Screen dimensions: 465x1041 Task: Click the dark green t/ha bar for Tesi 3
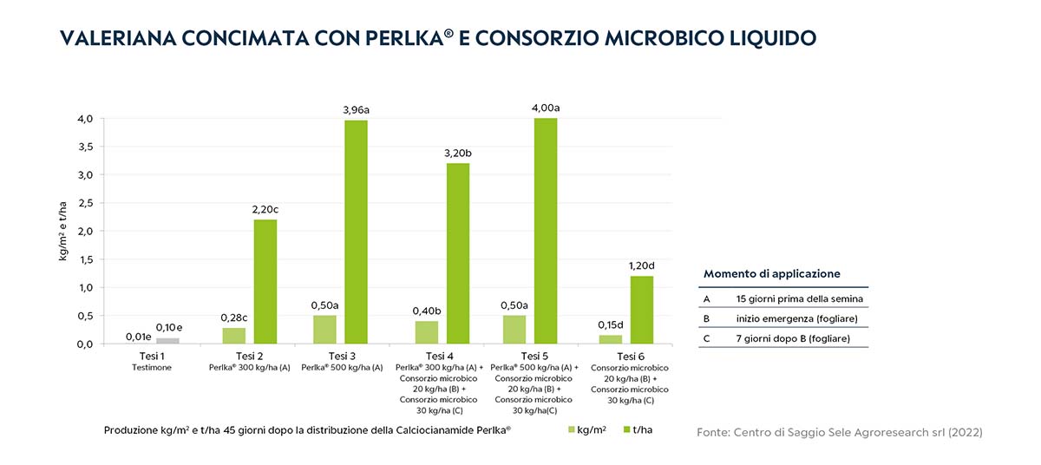(x=356, y=232)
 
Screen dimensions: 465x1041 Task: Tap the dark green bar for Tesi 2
(x=265, y=281)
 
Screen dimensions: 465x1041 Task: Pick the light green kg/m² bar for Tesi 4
(x=426, y=332)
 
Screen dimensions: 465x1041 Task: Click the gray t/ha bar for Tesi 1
(x=167, y=341)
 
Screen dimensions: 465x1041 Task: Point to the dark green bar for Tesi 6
(x=641, y=310)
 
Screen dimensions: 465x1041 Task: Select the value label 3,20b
(x=457, y=153)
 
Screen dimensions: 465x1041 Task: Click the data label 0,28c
(x=233, y=317)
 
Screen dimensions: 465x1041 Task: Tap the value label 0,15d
(x=611, y=324)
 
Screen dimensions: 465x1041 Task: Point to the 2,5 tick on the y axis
(x=84, y=203)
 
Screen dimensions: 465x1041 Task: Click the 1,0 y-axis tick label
(x=84, y=287)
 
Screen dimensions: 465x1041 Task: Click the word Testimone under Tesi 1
(x=152, y=368)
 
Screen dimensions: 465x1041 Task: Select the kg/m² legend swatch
(x=572, y=429)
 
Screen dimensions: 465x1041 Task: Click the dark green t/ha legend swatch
(x=624, y=429)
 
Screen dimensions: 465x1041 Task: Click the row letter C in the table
(x=707, y=337)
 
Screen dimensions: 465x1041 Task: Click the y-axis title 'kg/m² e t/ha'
(x=63, y=231)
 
